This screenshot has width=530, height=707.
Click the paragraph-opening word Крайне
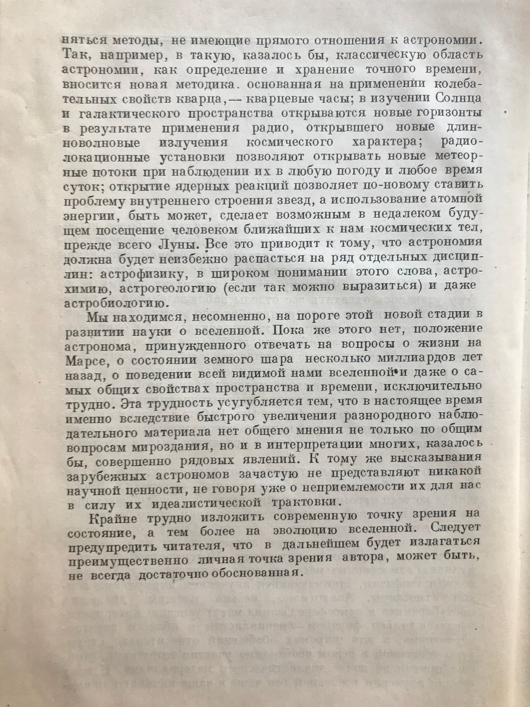pos(111,518)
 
